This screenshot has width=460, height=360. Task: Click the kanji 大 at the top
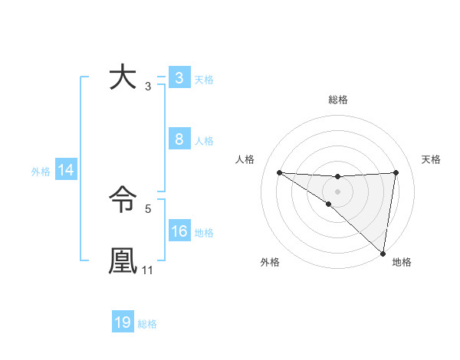123,79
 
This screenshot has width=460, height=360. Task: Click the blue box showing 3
179,78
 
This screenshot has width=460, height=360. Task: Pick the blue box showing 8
179,139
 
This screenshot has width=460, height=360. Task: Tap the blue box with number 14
66,171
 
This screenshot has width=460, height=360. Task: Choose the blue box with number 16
179,231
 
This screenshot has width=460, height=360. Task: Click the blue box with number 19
123,322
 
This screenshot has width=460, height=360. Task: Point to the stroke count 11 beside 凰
148,270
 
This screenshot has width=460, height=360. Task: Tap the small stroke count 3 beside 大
147,87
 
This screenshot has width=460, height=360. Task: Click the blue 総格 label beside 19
147,324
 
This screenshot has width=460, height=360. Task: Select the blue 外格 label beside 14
41,172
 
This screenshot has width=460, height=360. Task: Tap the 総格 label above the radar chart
338,100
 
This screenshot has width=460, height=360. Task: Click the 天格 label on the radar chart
431,159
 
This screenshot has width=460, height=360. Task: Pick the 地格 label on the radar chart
402,262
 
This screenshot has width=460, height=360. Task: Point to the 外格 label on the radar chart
270,262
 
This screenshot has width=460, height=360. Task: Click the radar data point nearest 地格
383,253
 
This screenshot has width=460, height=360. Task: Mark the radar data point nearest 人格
279,172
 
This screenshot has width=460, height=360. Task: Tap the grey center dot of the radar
337,191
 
